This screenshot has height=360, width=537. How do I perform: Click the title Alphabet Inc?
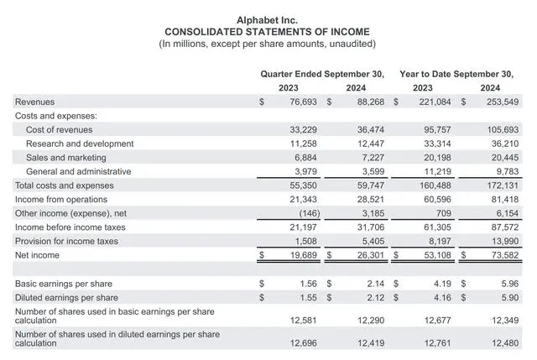pyautogui.click(x=268, y=18)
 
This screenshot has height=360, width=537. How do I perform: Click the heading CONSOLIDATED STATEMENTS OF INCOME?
pyautogui.click(x=268, y=31)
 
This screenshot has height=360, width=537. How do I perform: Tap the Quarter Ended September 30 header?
pyautogui.click(x=322, y=74)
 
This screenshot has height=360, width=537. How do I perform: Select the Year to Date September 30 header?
pyautogui.click(x=456, y=74)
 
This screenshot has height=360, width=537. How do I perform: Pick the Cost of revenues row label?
pyautogui.click(x=59, y=129)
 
